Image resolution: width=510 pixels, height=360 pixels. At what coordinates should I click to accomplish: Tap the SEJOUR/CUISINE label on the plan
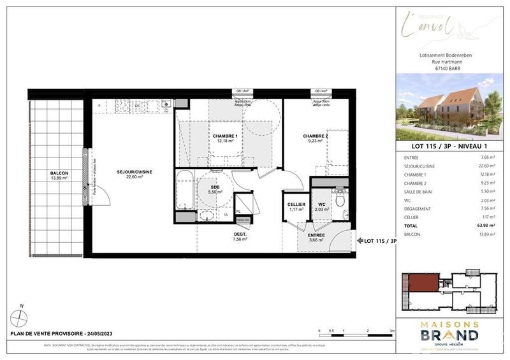pos(134,171)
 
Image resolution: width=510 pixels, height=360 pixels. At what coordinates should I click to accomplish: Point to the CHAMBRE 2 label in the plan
pos(316,136)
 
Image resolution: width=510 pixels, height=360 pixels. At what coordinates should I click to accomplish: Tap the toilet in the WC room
pos(342,200)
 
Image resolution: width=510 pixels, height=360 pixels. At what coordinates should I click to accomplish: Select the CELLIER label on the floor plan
pos(296,205)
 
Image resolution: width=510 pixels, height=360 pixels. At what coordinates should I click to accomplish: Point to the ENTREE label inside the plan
pos(316,235)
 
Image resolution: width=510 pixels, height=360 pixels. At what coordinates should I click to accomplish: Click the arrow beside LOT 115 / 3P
pos(359,241)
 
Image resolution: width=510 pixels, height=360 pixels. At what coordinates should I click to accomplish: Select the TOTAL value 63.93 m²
pos(486,226)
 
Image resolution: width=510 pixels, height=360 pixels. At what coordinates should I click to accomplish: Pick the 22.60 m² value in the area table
pos(486,166)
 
